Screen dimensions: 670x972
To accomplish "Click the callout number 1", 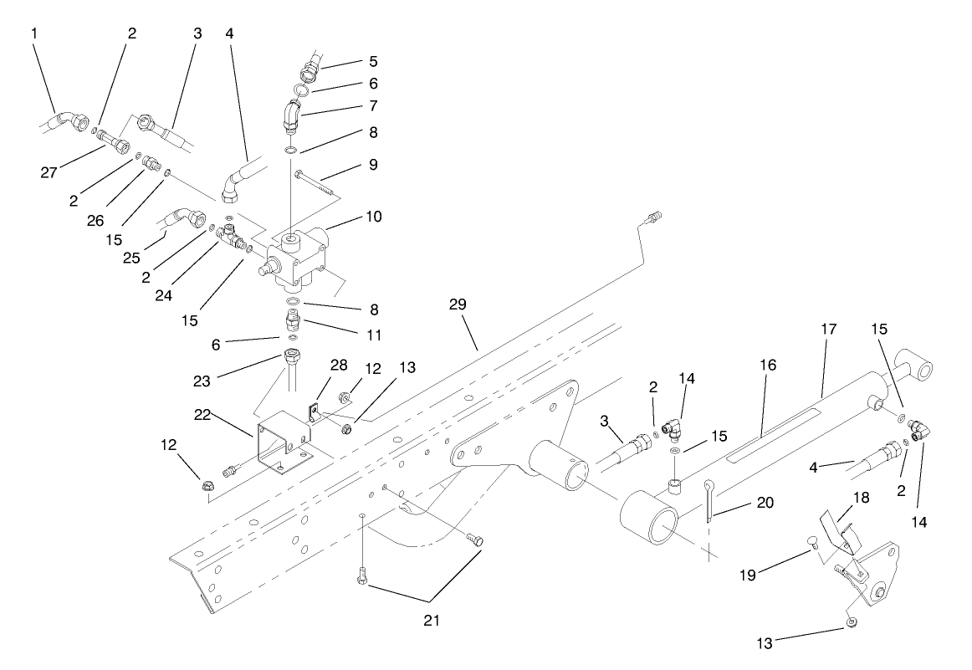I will [34, 33].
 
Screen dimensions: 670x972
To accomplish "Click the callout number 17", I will [829, 331].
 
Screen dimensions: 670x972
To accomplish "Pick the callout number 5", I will [373, 61].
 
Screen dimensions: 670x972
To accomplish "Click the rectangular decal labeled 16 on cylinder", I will [770, 440].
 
